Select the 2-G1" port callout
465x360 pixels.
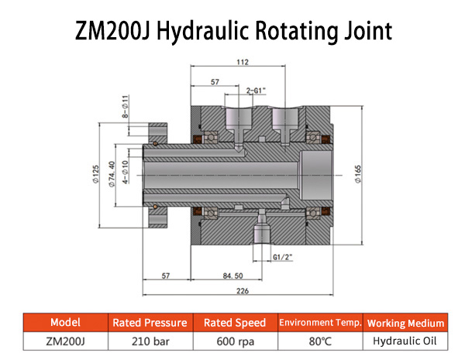[257, 90]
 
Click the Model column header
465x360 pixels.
[64, 323]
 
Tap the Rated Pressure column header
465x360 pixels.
[150, 323]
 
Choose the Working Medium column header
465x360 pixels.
[406, 323]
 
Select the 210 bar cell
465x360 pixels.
[150, 341]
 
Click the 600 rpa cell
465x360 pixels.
[235, 341]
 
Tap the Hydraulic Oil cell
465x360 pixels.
[406, 341]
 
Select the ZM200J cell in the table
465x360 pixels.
[64, 341]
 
